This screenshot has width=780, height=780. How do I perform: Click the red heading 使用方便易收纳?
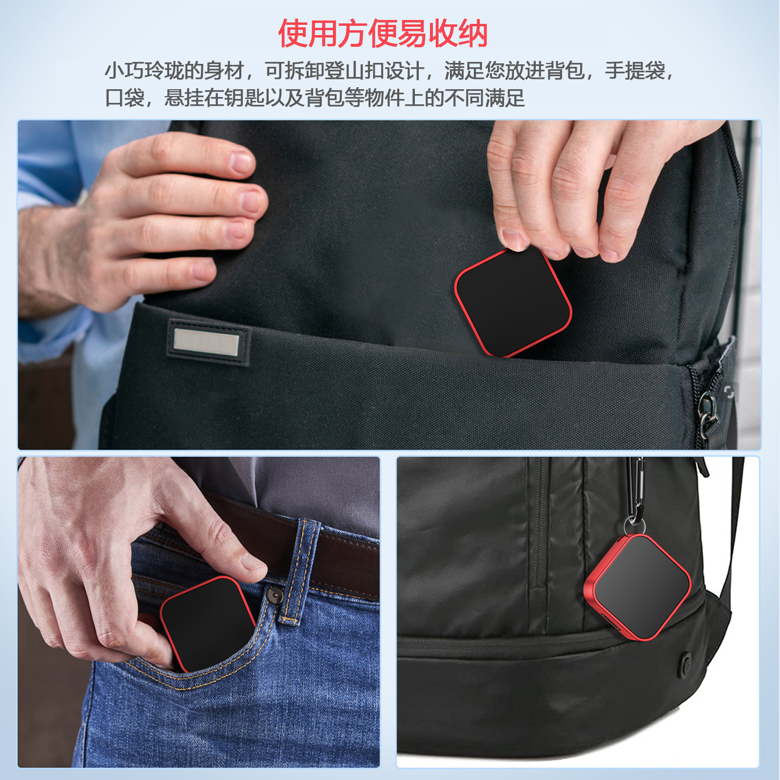point(383,34)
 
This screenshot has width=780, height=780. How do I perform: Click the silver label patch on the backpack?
point(206,341)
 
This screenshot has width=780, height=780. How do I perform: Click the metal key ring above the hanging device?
point(634,526)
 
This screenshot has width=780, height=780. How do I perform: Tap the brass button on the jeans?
point(274,595)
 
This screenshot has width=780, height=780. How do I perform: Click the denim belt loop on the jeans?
point(297,570)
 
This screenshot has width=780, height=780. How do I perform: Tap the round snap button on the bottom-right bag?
point(686,663)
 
